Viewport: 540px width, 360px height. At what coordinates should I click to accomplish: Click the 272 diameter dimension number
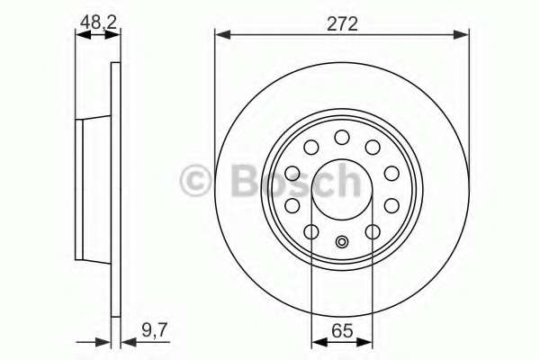pyautogui.click(x=342, y=24)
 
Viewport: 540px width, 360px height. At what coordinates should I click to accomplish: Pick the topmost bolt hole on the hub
pyautogui.click(x=342, y=136)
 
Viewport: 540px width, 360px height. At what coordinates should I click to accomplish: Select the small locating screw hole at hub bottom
pyautogui.click(x=342, y=241)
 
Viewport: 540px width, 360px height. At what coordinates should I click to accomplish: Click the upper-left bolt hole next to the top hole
pyautogui.click(x=311, y=148)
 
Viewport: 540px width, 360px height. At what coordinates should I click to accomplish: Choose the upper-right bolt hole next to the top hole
pyautogui.click(x=372, y=148)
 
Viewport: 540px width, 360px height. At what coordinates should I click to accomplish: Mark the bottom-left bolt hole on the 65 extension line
pyautogui.click(x=311, y=233)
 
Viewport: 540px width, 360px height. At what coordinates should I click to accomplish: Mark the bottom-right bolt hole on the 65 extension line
pyautogui.click(x=373, y=233)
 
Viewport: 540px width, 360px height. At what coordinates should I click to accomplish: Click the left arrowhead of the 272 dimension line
pyautogui.click(x=221, y=35)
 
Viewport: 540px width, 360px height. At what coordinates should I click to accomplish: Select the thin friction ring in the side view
pyautogui.click(x=114, y=189)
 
